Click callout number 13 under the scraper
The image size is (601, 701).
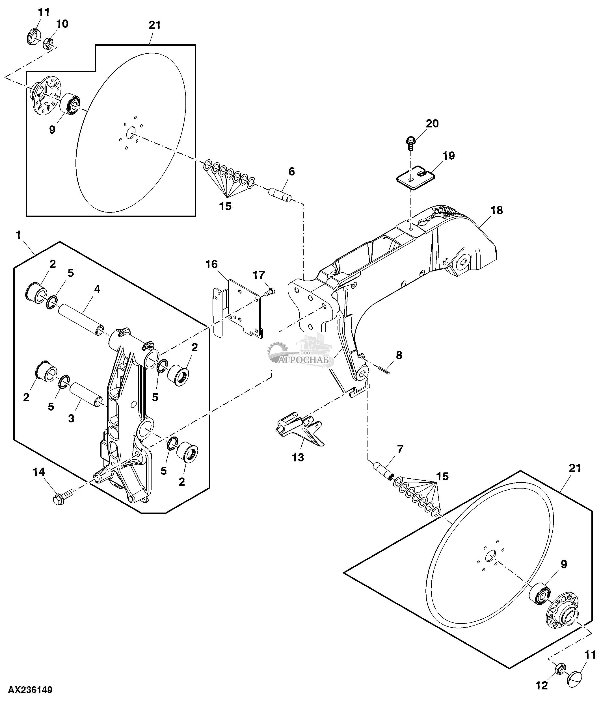pos(298,457)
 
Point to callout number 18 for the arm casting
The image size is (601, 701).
pos(496,210)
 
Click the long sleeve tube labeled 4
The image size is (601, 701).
pos(80,318)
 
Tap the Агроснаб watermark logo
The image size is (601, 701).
pos(301,353)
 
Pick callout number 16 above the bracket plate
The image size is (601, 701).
pos(211,264)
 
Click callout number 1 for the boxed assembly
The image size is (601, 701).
pos(18,235)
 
